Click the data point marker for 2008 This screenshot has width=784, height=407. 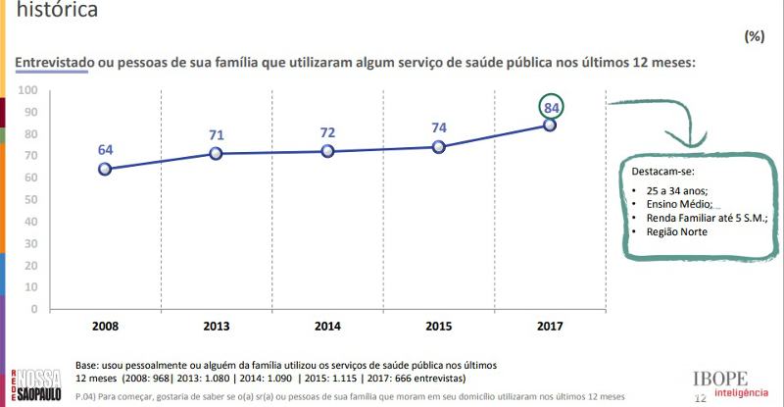105,169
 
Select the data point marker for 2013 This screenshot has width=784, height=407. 217,154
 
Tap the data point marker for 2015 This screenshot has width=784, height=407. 438,147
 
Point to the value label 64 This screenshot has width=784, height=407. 105,150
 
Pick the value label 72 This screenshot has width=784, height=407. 327,132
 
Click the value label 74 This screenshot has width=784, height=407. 438,127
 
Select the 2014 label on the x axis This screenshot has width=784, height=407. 327,325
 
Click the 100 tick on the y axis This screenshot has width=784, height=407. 27,90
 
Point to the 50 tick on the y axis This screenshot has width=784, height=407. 30,199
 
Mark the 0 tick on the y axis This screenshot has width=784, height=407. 33,309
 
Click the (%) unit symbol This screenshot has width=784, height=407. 754,36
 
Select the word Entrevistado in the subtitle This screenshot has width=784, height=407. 55,62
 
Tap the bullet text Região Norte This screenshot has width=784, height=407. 677,231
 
